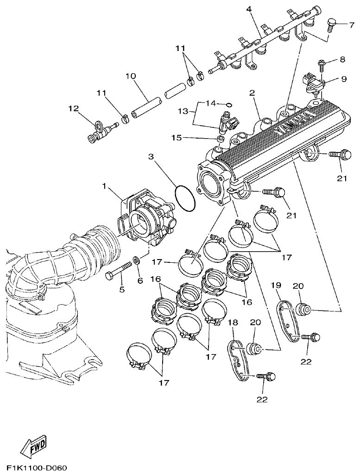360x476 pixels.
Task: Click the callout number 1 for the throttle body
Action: pos(105,186)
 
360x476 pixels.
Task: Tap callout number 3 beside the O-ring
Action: pos(151,157)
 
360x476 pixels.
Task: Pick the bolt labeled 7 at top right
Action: pos(332,23)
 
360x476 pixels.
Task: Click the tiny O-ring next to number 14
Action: pos(229,104)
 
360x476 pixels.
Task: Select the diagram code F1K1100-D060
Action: pos(37,467)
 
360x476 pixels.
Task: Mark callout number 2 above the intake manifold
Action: pos(252,93)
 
